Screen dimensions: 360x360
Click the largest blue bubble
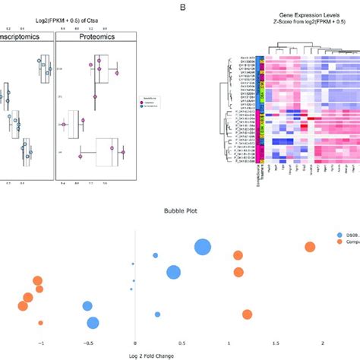pos(203,248)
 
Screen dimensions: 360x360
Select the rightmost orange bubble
pos(310,246)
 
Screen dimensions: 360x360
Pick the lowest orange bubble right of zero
pos(247,314)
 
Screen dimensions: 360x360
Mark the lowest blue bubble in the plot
pos(93,323)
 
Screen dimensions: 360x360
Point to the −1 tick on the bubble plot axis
pos(39,343)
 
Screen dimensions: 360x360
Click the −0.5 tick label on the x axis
pos(87,343)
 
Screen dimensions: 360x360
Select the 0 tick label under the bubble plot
pos(134,343)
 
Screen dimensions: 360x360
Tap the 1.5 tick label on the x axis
pos(276,343)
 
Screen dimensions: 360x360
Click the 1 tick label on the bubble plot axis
pos(229,343)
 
